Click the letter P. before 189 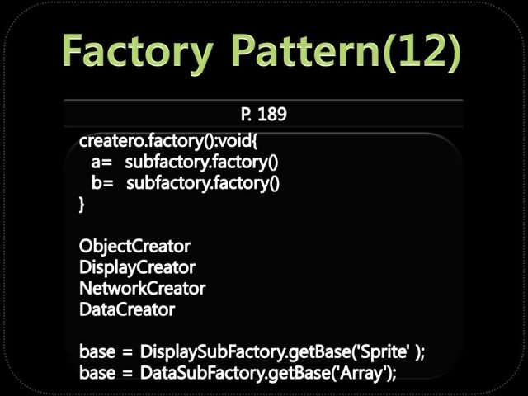pyautogui.click(x=245, y=114)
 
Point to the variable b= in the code pyautogui.click(x=102, y=183)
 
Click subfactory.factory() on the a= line pyautogui.click(x=201, y=163)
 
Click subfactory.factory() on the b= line pyautogui.click(x=203, y=183)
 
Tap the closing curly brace pyautogui.click(x=82, y=204)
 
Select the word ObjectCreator pyautogui.click(x=134, y=247)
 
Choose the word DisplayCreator pyautogui.click(x=137, y=267)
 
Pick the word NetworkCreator pyautogui.click(x=142, y=289)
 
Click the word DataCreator pyautogui.click(x=127, y=309)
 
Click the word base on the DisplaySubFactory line pyautogui.click(x=97, y=352)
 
